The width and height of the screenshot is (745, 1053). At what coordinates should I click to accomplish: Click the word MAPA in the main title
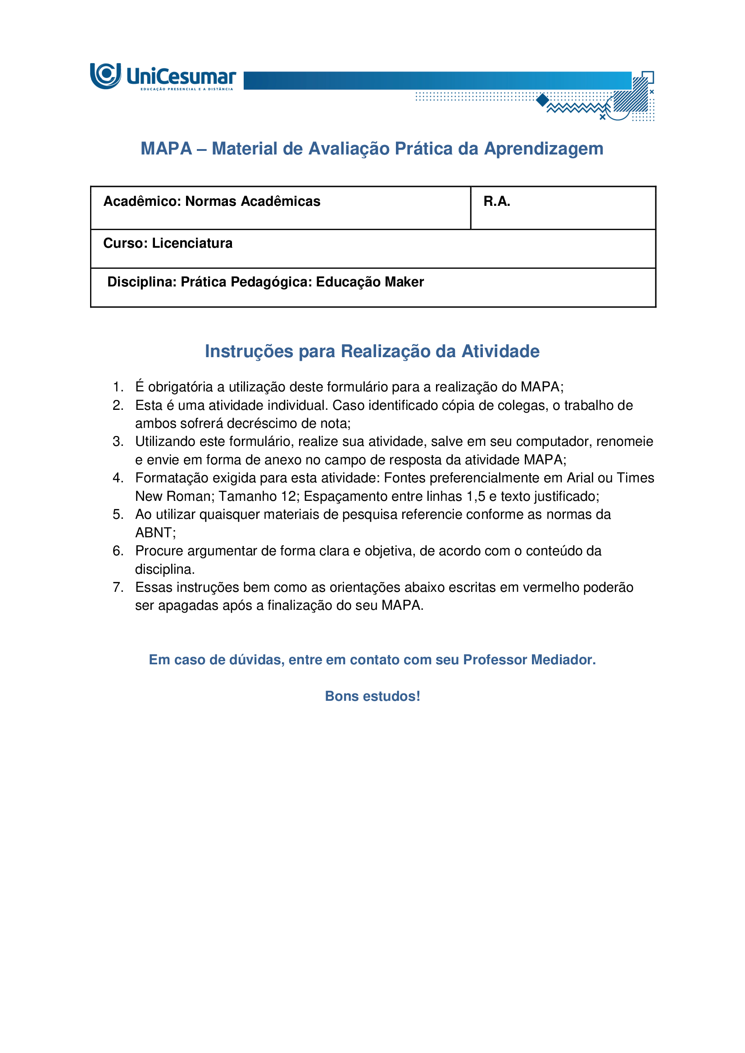click(x=166, y=149)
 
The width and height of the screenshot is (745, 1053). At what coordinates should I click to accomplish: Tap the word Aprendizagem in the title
click(x=544, y=149)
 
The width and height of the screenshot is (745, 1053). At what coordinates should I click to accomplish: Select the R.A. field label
click(x=497, y=201)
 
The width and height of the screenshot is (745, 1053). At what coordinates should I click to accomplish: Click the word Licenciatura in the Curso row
click(x=192, y=243)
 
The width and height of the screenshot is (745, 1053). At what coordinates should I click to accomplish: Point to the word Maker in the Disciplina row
click(x=404, y=281)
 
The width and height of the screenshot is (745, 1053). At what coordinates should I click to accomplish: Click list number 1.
click(x=118, y=387)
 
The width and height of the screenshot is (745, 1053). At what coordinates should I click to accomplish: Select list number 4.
click(x=118, y=478)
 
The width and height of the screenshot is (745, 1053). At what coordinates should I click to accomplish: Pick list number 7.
click(x=118, y=587)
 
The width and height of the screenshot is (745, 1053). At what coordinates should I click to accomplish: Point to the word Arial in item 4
click(x=580, y=478)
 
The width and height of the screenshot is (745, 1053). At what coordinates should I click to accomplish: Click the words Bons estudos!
click(x=372, y=696)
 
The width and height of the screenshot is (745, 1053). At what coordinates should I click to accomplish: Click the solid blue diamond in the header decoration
click(x=543, y=100)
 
